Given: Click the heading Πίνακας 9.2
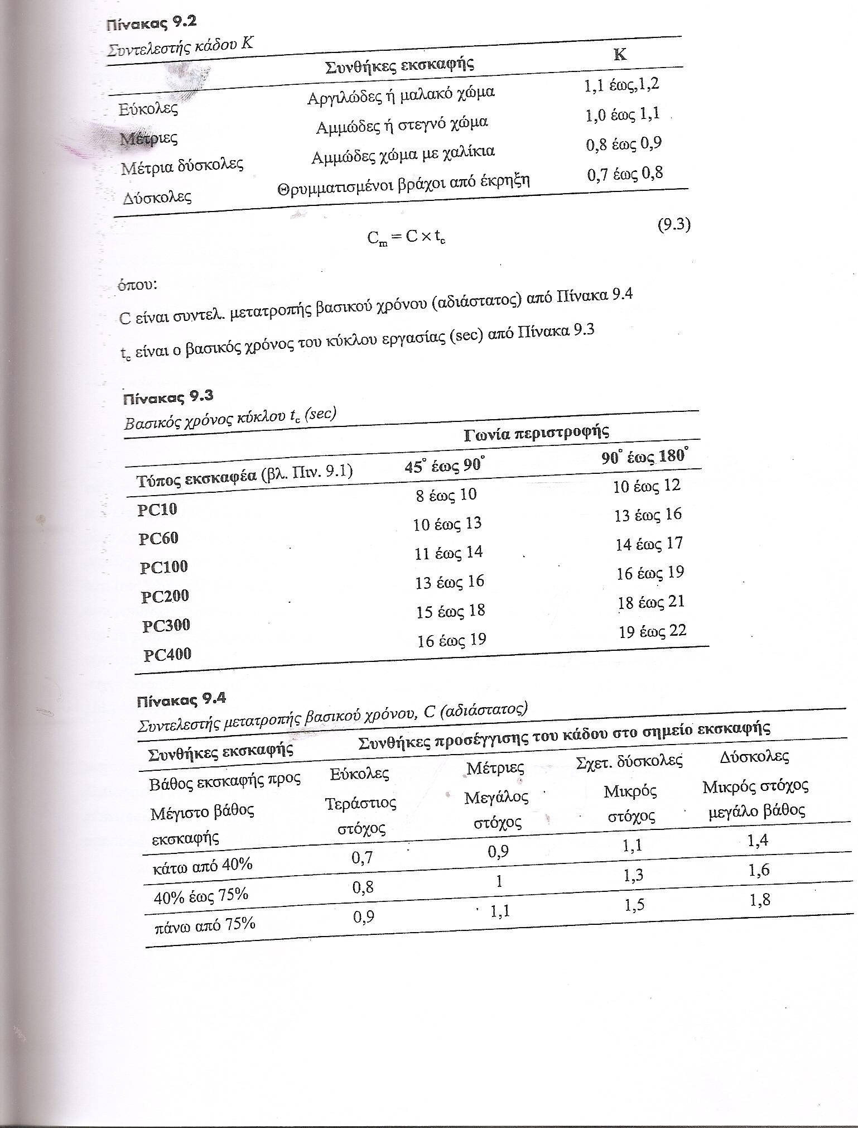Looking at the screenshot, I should [151, 23].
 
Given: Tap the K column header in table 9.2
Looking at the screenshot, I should [620, 55].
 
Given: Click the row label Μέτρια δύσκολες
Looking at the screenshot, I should [182, 166].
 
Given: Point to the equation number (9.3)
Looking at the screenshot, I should [674, 225].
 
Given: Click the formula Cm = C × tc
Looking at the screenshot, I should [406, 238].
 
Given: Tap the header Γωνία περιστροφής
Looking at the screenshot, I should [536, 432].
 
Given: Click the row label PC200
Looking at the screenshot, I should [165, 596].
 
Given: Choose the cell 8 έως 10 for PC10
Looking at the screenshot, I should [446, 495].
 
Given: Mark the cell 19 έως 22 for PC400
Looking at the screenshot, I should [652, 632].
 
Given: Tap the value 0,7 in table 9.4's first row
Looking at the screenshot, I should [362, 857].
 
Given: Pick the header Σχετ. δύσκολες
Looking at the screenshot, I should [629, 761].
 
